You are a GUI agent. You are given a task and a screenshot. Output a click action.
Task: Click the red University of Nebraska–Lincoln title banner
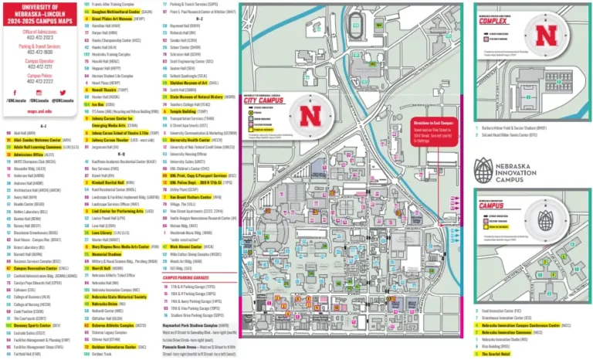pyautogui.click(x=40, y=13)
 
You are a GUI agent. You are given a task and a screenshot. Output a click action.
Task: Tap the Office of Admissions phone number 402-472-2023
pyautogui.click(x=40, y=37)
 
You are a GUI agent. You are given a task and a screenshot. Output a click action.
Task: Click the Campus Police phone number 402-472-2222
pyautogui.click(x=40, y=81)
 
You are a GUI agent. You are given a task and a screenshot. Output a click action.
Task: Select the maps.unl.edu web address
pyautogui.click(x=39, y=111)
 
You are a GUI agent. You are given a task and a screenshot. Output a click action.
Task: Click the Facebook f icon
pyautogui.click(x=14, y=92)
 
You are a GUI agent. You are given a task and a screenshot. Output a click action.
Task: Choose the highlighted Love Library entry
pyautogui.click(x=105, y=232)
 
